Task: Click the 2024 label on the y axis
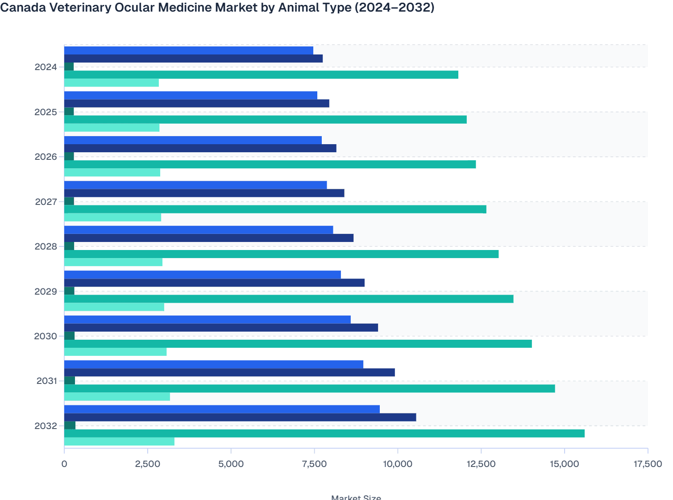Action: coord(46,67)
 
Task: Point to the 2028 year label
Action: coord(46,247)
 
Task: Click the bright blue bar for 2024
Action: coord(188,50)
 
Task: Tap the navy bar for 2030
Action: coord(221,328)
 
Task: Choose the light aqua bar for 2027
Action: coord(112,217)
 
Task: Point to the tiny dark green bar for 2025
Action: coord(69,112)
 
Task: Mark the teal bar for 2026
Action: coord(270,164)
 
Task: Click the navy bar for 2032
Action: coord(240,417)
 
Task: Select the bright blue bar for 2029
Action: coord(202,275)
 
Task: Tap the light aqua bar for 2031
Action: coord(117,397)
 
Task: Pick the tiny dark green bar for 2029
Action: coord(69,291)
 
